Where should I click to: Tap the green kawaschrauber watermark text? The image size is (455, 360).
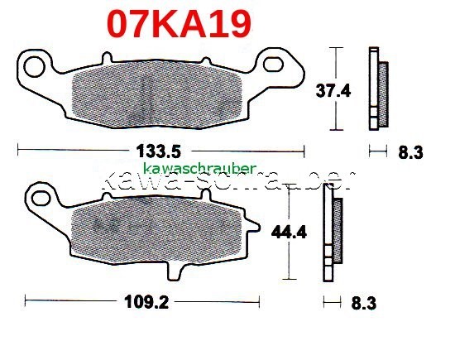tap(199, 168)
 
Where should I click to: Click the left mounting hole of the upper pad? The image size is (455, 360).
tap(34, 64)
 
